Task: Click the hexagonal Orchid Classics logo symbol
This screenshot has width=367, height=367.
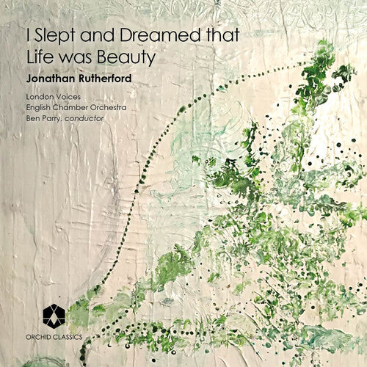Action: (x=54, y=315)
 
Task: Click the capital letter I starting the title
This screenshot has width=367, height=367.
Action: (x=28, y=34)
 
